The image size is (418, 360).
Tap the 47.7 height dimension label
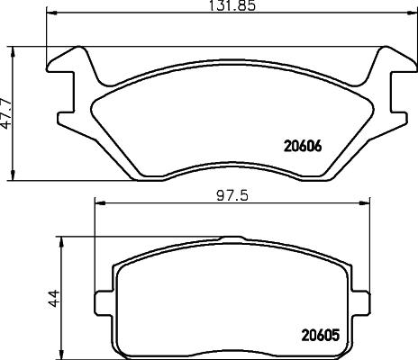7,112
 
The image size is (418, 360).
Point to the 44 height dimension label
53,296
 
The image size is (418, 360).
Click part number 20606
303,142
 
